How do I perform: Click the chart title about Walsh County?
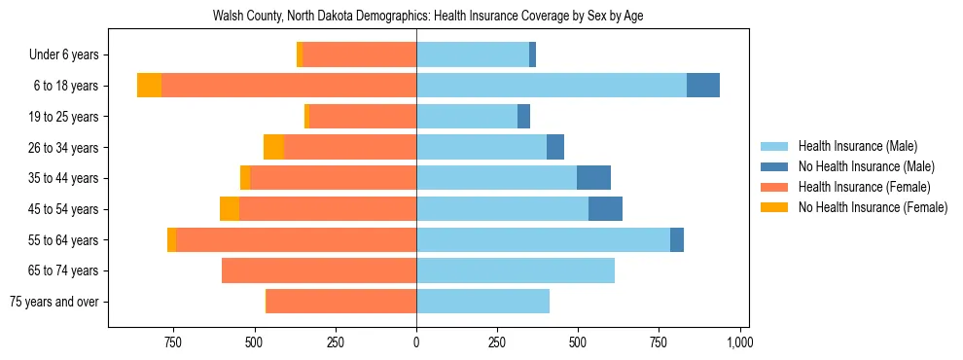pos(428,17)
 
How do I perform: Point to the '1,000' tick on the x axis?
pos(740,342)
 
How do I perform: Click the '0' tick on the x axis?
pos(416,342)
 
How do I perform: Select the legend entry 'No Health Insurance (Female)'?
pos(873,207)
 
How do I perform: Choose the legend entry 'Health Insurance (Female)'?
pos(864,187)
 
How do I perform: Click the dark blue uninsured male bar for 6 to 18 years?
pos(703,86)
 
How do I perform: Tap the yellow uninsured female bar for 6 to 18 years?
pos(149,86)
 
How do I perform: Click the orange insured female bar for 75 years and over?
pos(341,302)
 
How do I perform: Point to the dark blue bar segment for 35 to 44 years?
pos(593,178)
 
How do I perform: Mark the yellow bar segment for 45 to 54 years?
pos(230,209)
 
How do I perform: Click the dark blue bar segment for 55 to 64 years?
pos(677,240)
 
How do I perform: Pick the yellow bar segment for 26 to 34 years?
pos(273,147)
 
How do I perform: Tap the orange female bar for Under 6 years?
pos(359,54)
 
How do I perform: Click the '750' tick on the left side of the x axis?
pos(172,342)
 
